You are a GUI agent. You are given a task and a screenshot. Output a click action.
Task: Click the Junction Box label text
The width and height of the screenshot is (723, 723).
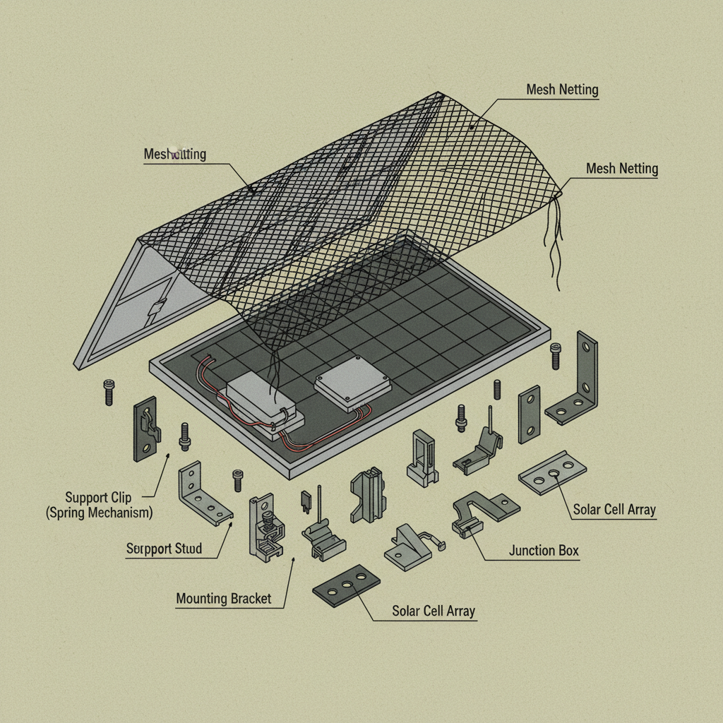pyautogui.click(x=544, y=551)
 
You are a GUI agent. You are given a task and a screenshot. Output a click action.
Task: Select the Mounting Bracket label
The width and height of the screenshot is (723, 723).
pyautogui.click(x=223, y=599)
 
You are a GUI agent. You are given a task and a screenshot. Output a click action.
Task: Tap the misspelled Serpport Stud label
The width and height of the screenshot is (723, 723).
pyautogui.click(x=164, y=549)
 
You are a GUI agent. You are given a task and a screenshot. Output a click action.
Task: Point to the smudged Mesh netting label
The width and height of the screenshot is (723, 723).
pyautogui.click(x=174, y=154)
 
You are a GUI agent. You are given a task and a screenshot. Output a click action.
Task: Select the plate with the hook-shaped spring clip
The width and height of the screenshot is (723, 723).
pyautogui.click(x=145, y=429)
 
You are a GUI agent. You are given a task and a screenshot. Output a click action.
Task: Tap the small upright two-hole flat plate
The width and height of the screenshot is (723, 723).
pyautogui.click(x=529, y=414)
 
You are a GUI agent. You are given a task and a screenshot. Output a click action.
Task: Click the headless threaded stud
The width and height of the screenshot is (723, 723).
pyautogui.click(x=497, y=389)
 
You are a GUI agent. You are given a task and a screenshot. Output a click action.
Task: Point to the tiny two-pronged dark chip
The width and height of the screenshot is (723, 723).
pyautogui.click(x=306, y=500)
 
